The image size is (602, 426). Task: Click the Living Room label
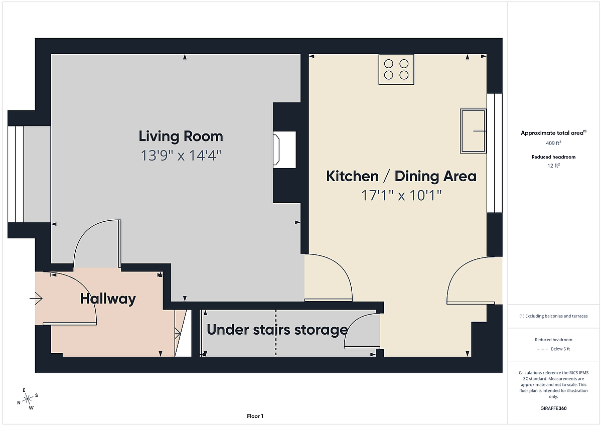(x=181, y=136)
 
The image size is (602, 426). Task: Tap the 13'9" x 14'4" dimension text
(x=181, y=156)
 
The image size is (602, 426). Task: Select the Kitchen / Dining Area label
(x=401, y=176)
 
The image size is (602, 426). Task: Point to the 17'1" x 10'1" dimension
(x=401, y=195)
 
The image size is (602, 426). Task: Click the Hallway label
(x=108, y=299)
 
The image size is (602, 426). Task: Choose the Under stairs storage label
(x=277, y=330)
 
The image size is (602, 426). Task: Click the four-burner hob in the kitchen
(x=396, y=69)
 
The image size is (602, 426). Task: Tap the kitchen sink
(x=473, y=131)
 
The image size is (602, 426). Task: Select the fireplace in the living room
(x=284, y=150)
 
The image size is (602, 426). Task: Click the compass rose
(x=28, y=399)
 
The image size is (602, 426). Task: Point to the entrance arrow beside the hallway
(x=36, y=298)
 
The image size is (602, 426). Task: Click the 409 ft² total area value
(x=553, y=143)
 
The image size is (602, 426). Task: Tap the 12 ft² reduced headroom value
(x=553, y=165)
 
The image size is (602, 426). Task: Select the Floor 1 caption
(x=255, y=416)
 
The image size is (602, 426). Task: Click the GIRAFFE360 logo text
(x=553, y=408)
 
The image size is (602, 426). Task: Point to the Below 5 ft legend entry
(x=553, y=349)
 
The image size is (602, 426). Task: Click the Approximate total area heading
(x=553, y=133)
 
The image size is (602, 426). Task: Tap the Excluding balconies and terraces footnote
(x=553, y=316)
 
